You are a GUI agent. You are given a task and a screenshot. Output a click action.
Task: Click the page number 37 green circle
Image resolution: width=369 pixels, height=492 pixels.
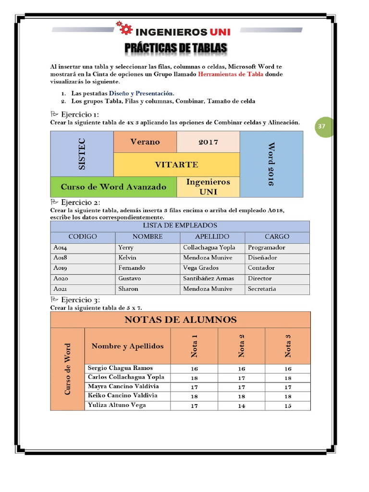pyautogui.click(x=322, y=126)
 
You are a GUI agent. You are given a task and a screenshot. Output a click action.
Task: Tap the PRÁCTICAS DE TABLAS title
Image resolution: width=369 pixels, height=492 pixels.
pyautogui.click(x=176, y=48)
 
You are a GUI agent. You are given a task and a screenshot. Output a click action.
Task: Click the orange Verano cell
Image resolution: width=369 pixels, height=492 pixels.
pyautogui.click(x=145, y=142)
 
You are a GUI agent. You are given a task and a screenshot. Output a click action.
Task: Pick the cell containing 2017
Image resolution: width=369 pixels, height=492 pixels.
pyautogui.click(x=208, y=142)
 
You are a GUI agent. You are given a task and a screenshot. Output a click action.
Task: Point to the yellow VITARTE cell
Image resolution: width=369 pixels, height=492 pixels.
pyautogui.click(x=176, y=165)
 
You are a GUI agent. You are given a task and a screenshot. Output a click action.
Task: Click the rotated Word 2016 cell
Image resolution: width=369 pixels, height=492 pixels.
pyautogui.click(x=271, y=164)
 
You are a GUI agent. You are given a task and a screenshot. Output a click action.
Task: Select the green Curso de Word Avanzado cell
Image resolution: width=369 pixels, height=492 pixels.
pyautogui.click(x=113, y=187)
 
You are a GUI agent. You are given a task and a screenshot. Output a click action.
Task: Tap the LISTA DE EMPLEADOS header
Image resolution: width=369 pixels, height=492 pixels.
pyautogui.click(x=180, y=225)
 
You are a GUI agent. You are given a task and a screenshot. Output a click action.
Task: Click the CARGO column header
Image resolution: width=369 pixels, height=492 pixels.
pyautogui.click(x=277, y=237)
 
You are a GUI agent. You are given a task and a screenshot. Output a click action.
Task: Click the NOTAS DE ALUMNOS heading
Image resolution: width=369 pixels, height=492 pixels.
pyautogui.click(x=180, y=320)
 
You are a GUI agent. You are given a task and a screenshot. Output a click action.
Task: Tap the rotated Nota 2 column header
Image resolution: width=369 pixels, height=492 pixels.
pyautogui.click(x=242, y=345)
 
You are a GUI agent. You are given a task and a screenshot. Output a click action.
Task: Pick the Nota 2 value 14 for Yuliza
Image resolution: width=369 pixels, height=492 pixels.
pyautogui.click(x=241, y=406)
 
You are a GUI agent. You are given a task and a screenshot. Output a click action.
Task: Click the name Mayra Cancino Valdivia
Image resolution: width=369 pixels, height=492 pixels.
pyautogui.click(x=123, y=386)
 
